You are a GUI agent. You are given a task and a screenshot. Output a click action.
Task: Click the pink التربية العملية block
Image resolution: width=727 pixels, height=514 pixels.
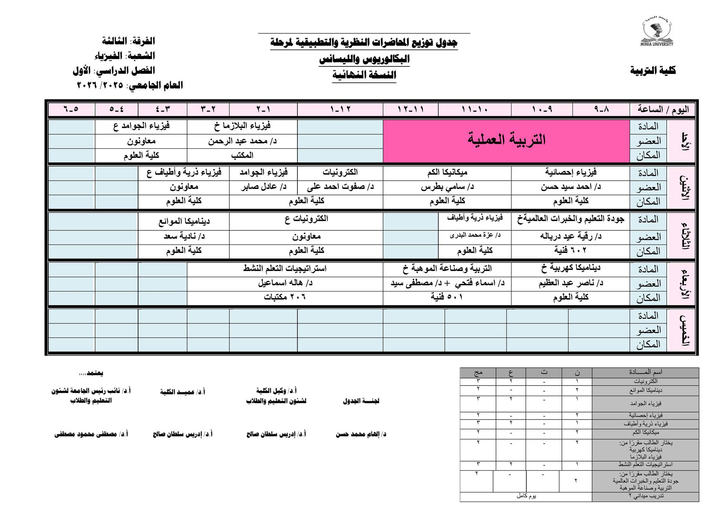point(506,140)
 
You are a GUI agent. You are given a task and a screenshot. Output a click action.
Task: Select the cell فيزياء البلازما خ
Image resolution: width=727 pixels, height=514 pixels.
point(242,126)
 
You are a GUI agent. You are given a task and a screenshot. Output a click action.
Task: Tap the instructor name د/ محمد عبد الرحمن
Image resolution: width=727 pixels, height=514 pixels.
point(242,141)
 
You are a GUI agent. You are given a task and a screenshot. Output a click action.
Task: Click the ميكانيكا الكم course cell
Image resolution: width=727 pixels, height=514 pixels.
point(447,173)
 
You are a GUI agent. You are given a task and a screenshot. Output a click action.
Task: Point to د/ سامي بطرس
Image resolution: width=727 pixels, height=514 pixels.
point(447,187)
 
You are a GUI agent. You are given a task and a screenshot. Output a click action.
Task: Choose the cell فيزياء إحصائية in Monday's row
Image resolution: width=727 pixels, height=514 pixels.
point(570,173)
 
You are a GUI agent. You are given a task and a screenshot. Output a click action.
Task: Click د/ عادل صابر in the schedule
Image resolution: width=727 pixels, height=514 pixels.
point(263,187)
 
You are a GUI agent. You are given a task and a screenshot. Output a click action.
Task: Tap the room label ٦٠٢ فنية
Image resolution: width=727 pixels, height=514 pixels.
point(570,251)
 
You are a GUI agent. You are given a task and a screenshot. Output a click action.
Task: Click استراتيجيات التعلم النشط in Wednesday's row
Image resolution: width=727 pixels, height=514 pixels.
point(285,269)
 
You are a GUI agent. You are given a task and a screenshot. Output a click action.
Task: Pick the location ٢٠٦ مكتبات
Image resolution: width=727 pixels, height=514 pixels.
point(285,297)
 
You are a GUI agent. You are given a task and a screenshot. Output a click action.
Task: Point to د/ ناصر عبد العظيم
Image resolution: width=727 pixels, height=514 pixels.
point(570,283)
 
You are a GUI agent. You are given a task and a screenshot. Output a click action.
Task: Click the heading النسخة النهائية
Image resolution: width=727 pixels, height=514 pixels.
point(364,75)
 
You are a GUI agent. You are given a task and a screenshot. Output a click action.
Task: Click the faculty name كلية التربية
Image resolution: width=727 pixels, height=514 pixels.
point(653,71)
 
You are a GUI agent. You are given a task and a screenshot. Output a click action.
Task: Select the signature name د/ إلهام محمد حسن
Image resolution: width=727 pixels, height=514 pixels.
point(361,434)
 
